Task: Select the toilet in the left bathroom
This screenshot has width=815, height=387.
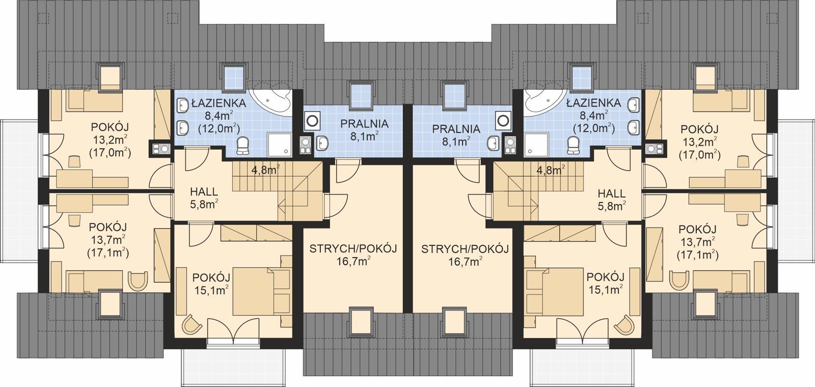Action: pyautogui.click(x=244, y=146)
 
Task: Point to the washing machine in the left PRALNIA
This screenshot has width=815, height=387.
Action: pyautogui.click(x=312, y=121)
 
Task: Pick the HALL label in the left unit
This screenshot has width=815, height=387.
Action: pyautogui.click(x=204, y=192)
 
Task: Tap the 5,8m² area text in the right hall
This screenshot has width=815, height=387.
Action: pyautogui.click(x=611, y=206)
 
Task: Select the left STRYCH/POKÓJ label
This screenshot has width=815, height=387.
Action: pyautogui.click(x=353, y=248)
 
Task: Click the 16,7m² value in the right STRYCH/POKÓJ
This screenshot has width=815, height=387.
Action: pyautogui.click(x=465, y=262)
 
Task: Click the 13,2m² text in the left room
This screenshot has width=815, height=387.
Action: pyautogui.click(x=109, y=140)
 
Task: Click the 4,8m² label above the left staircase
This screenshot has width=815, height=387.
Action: pyautogui.click(x=265, y=170)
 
